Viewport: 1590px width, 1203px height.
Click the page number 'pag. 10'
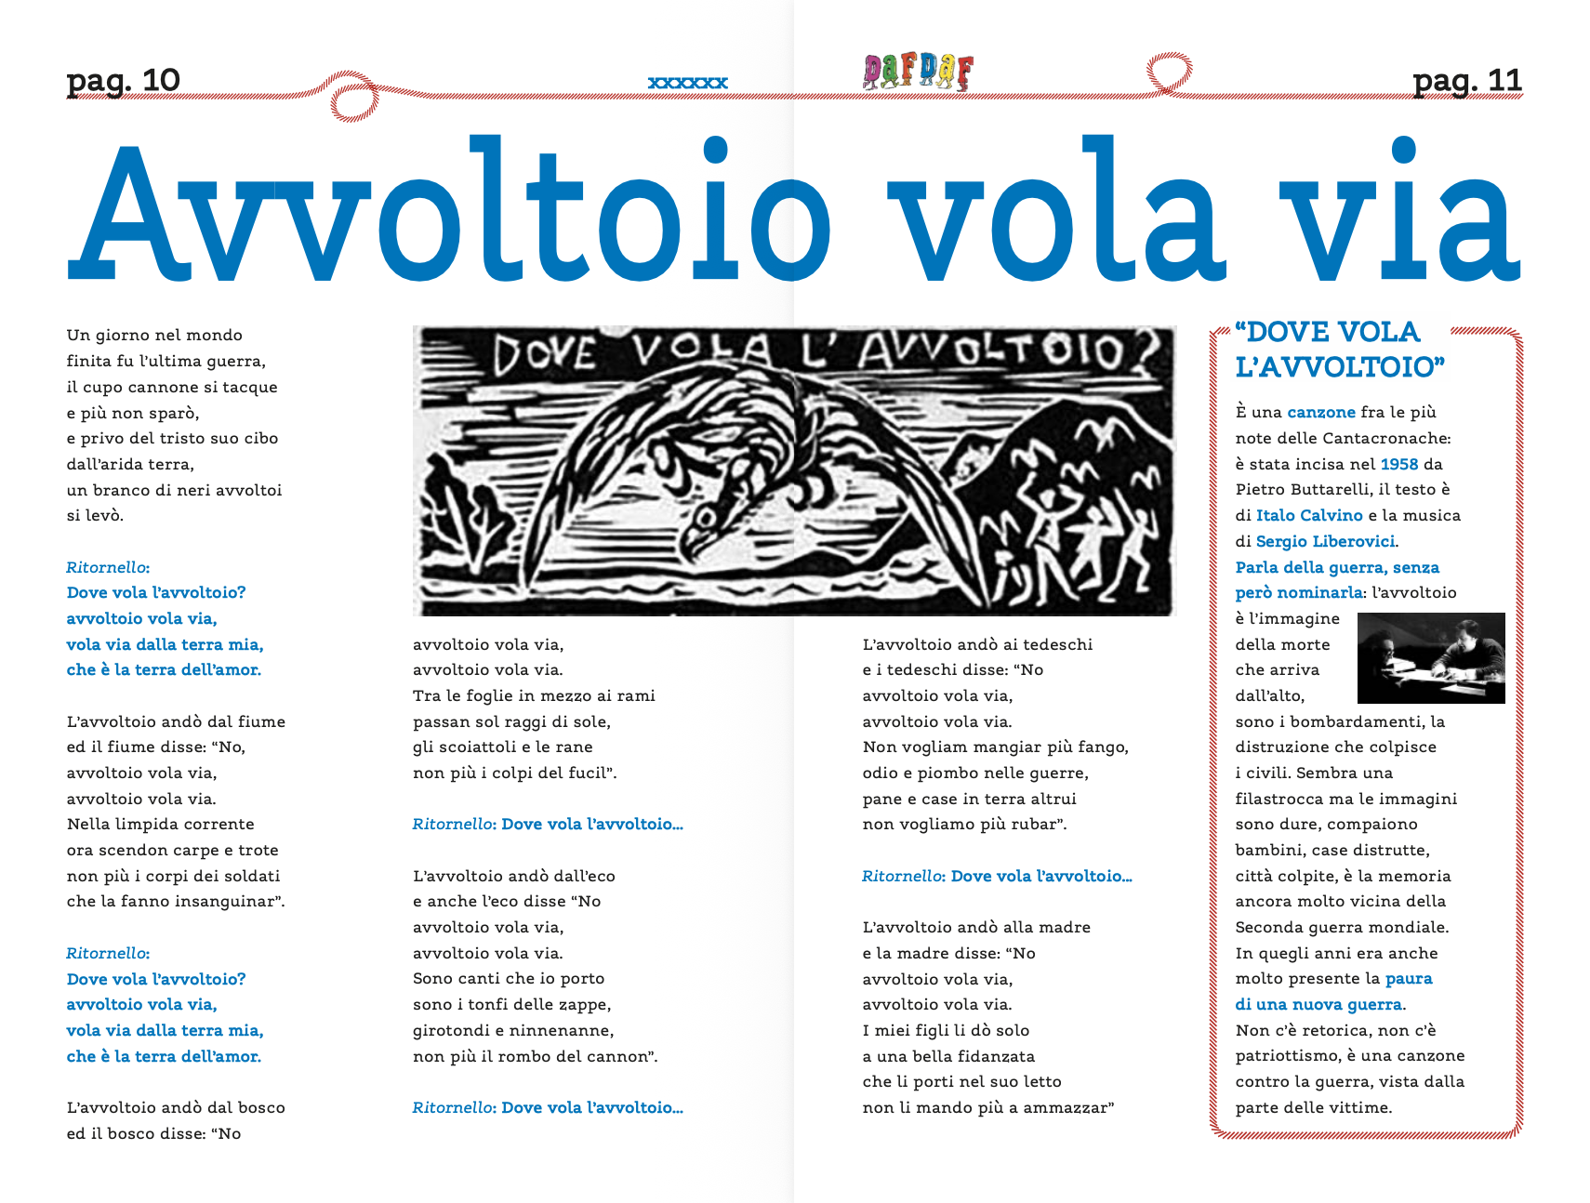[123, 81]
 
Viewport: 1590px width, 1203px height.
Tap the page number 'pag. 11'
[1466, 81]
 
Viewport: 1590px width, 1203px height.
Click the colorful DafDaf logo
[917, 72]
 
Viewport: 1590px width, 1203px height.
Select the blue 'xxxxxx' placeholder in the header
[687, 83]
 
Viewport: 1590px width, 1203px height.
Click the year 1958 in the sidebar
[1398, 464]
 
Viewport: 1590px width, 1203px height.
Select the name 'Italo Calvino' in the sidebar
[1308, 515]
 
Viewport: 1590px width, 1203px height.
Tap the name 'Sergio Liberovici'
[1325, 541]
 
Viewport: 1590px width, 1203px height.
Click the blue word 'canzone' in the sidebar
[1320, 412]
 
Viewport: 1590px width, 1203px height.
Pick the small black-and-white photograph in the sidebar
[1431, 657]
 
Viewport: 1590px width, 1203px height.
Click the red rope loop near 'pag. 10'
[353, 101]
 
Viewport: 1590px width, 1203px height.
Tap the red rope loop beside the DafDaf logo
[1169, 73]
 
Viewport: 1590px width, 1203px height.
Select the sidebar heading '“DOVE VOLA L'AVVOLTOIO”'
[1339, 349]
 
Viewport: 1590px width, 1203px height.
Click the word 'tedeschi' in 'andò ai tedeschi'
[1057, 644]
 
